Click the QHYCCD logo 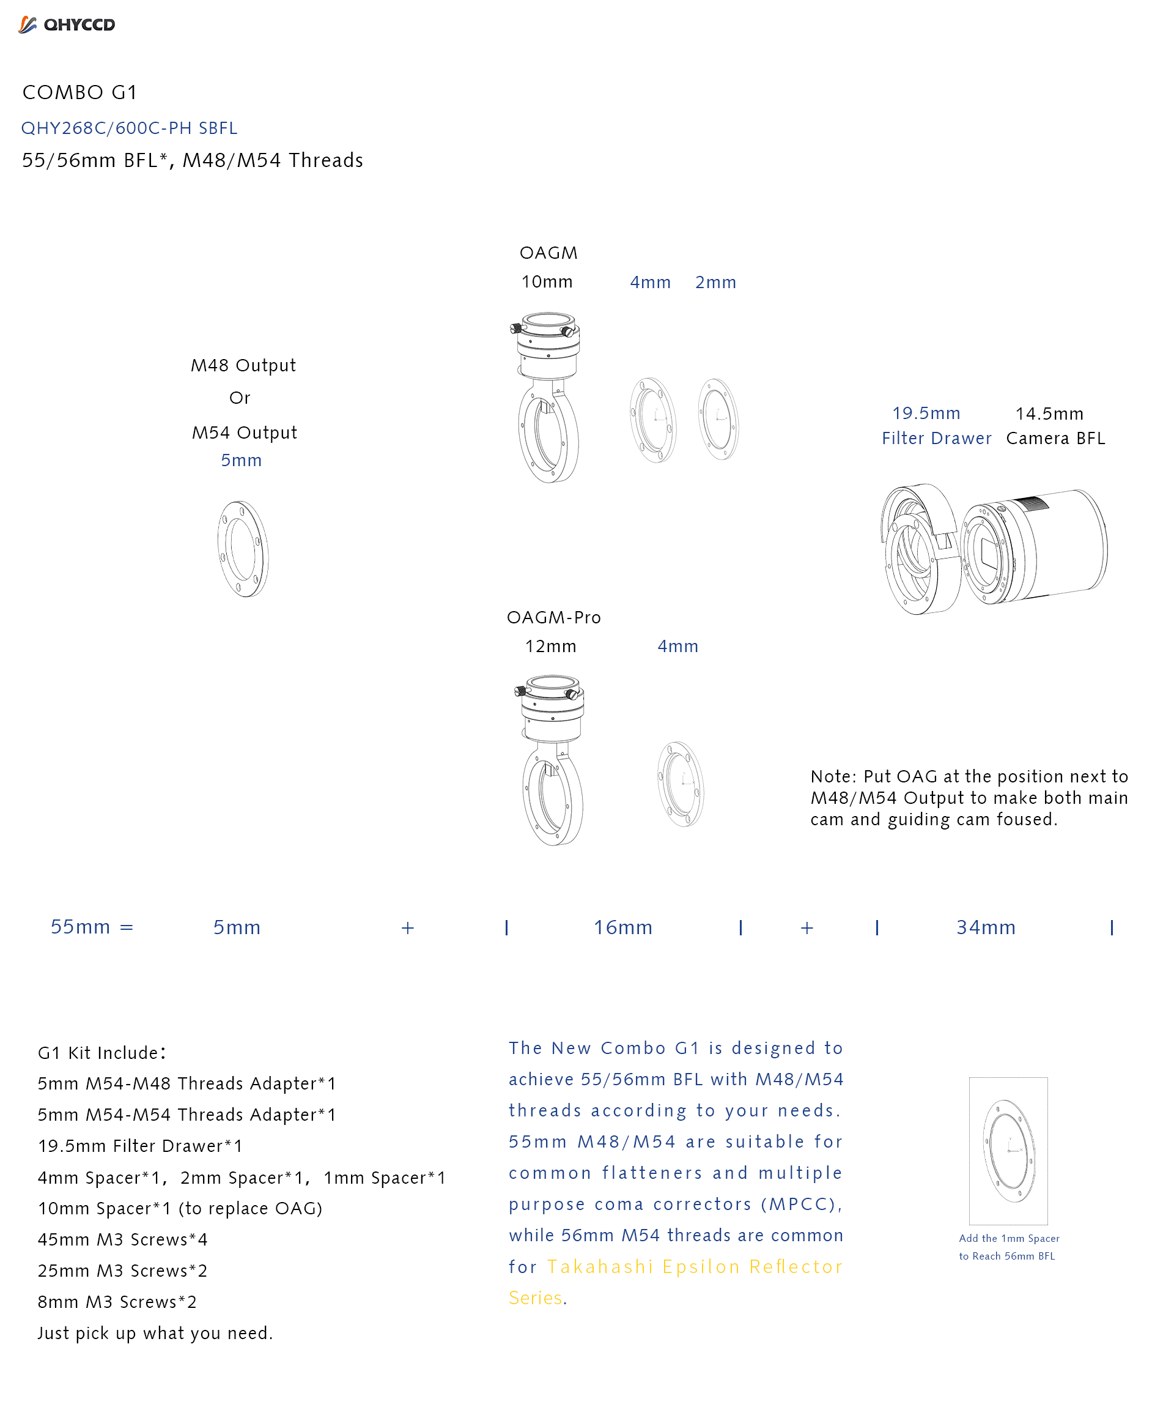pyautogui.click(x=67, y=25)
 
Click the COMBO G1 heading pyautogui.click(x=79, y=92)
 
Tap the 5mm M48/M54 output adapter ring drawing pyautogui.click(x=242, y=549)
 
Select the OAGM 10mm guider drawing pyautogui.click(x=548, y=397)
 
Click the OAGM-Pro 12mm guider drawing pyautogui.click(x=552, y=760)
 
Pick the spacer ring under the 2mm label pyautogui.click(x=718, y=420)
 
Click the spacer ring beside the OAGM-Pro pyautogui.click(x=681, y=784)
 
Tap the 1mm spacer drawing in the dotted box pyautogui.click(x=1008, y=1151)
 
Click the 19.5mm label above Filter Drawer pyautogui.click(x=926, y=414)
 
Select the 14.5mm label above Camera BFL pyautogui.click(x=1049, y=414)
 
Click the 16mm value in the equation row pyautogui.click(x=623, y=928)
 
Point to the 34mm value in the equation pyautogui.click(x=986, y=928)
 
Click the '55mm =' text pyautogui.click(x=92, y=927)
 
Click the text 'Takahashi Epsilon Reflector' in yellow pyautogui.click(x=695, y=1267)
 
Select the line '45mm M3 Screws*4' pyautogui.click(x=122, y=1239)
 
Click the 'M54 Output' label pyautogui.click(x=245, y=433)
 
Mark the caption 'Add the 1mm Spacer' pyautogui.click(x=1008, y=1238)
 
